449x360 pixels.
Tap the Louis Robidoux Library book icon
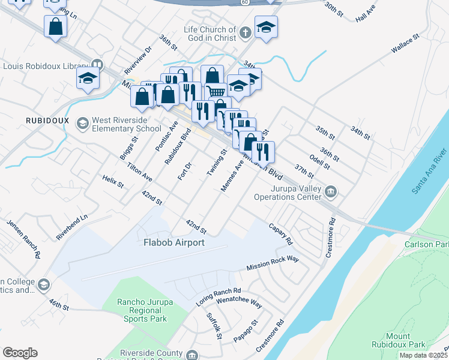point(96,66)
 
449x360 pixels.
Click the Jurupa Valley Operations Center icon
point(331,192)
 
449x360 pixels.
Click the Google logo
point(20,353)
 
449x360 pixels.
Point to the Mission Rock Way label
point(273,262)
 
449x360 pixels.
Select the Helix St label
point(112,181)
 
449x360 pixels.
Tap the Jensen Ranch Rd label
point(23,238)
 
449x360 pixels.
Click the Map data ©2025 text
point(423,355)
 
